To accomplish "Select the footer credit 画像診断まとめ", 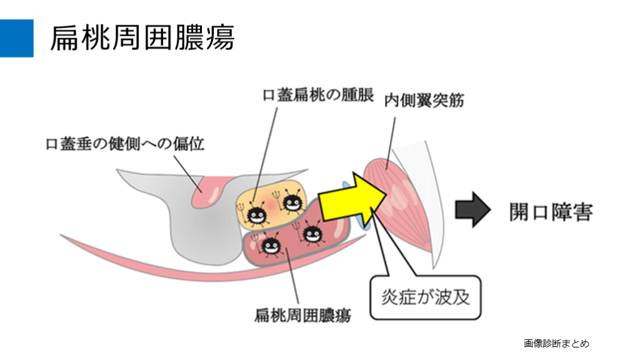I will click(556, 343).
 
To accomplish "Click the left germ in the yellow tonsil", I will click(256, 214).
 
